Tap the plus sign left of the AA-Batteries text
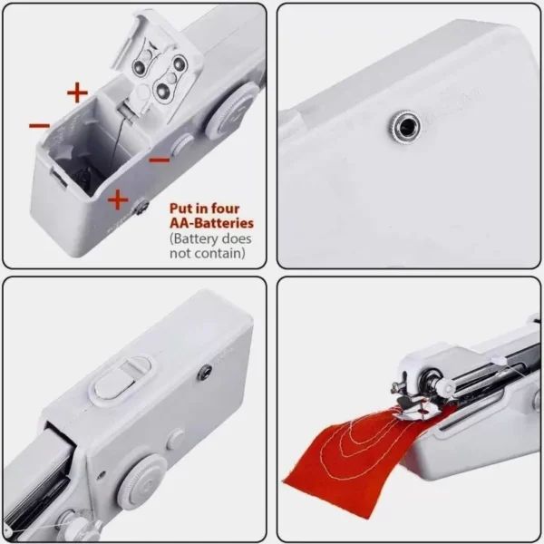click(x=118, y=199)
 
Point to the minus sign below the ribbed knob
click(x=160, y=160)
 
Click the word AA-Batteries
click(x=211, y=222)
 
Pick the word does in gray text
click(x=236, y=238)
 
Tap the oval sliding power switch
click(x=118, y=379)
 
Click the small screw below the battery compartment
click(x=141, y=210)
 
